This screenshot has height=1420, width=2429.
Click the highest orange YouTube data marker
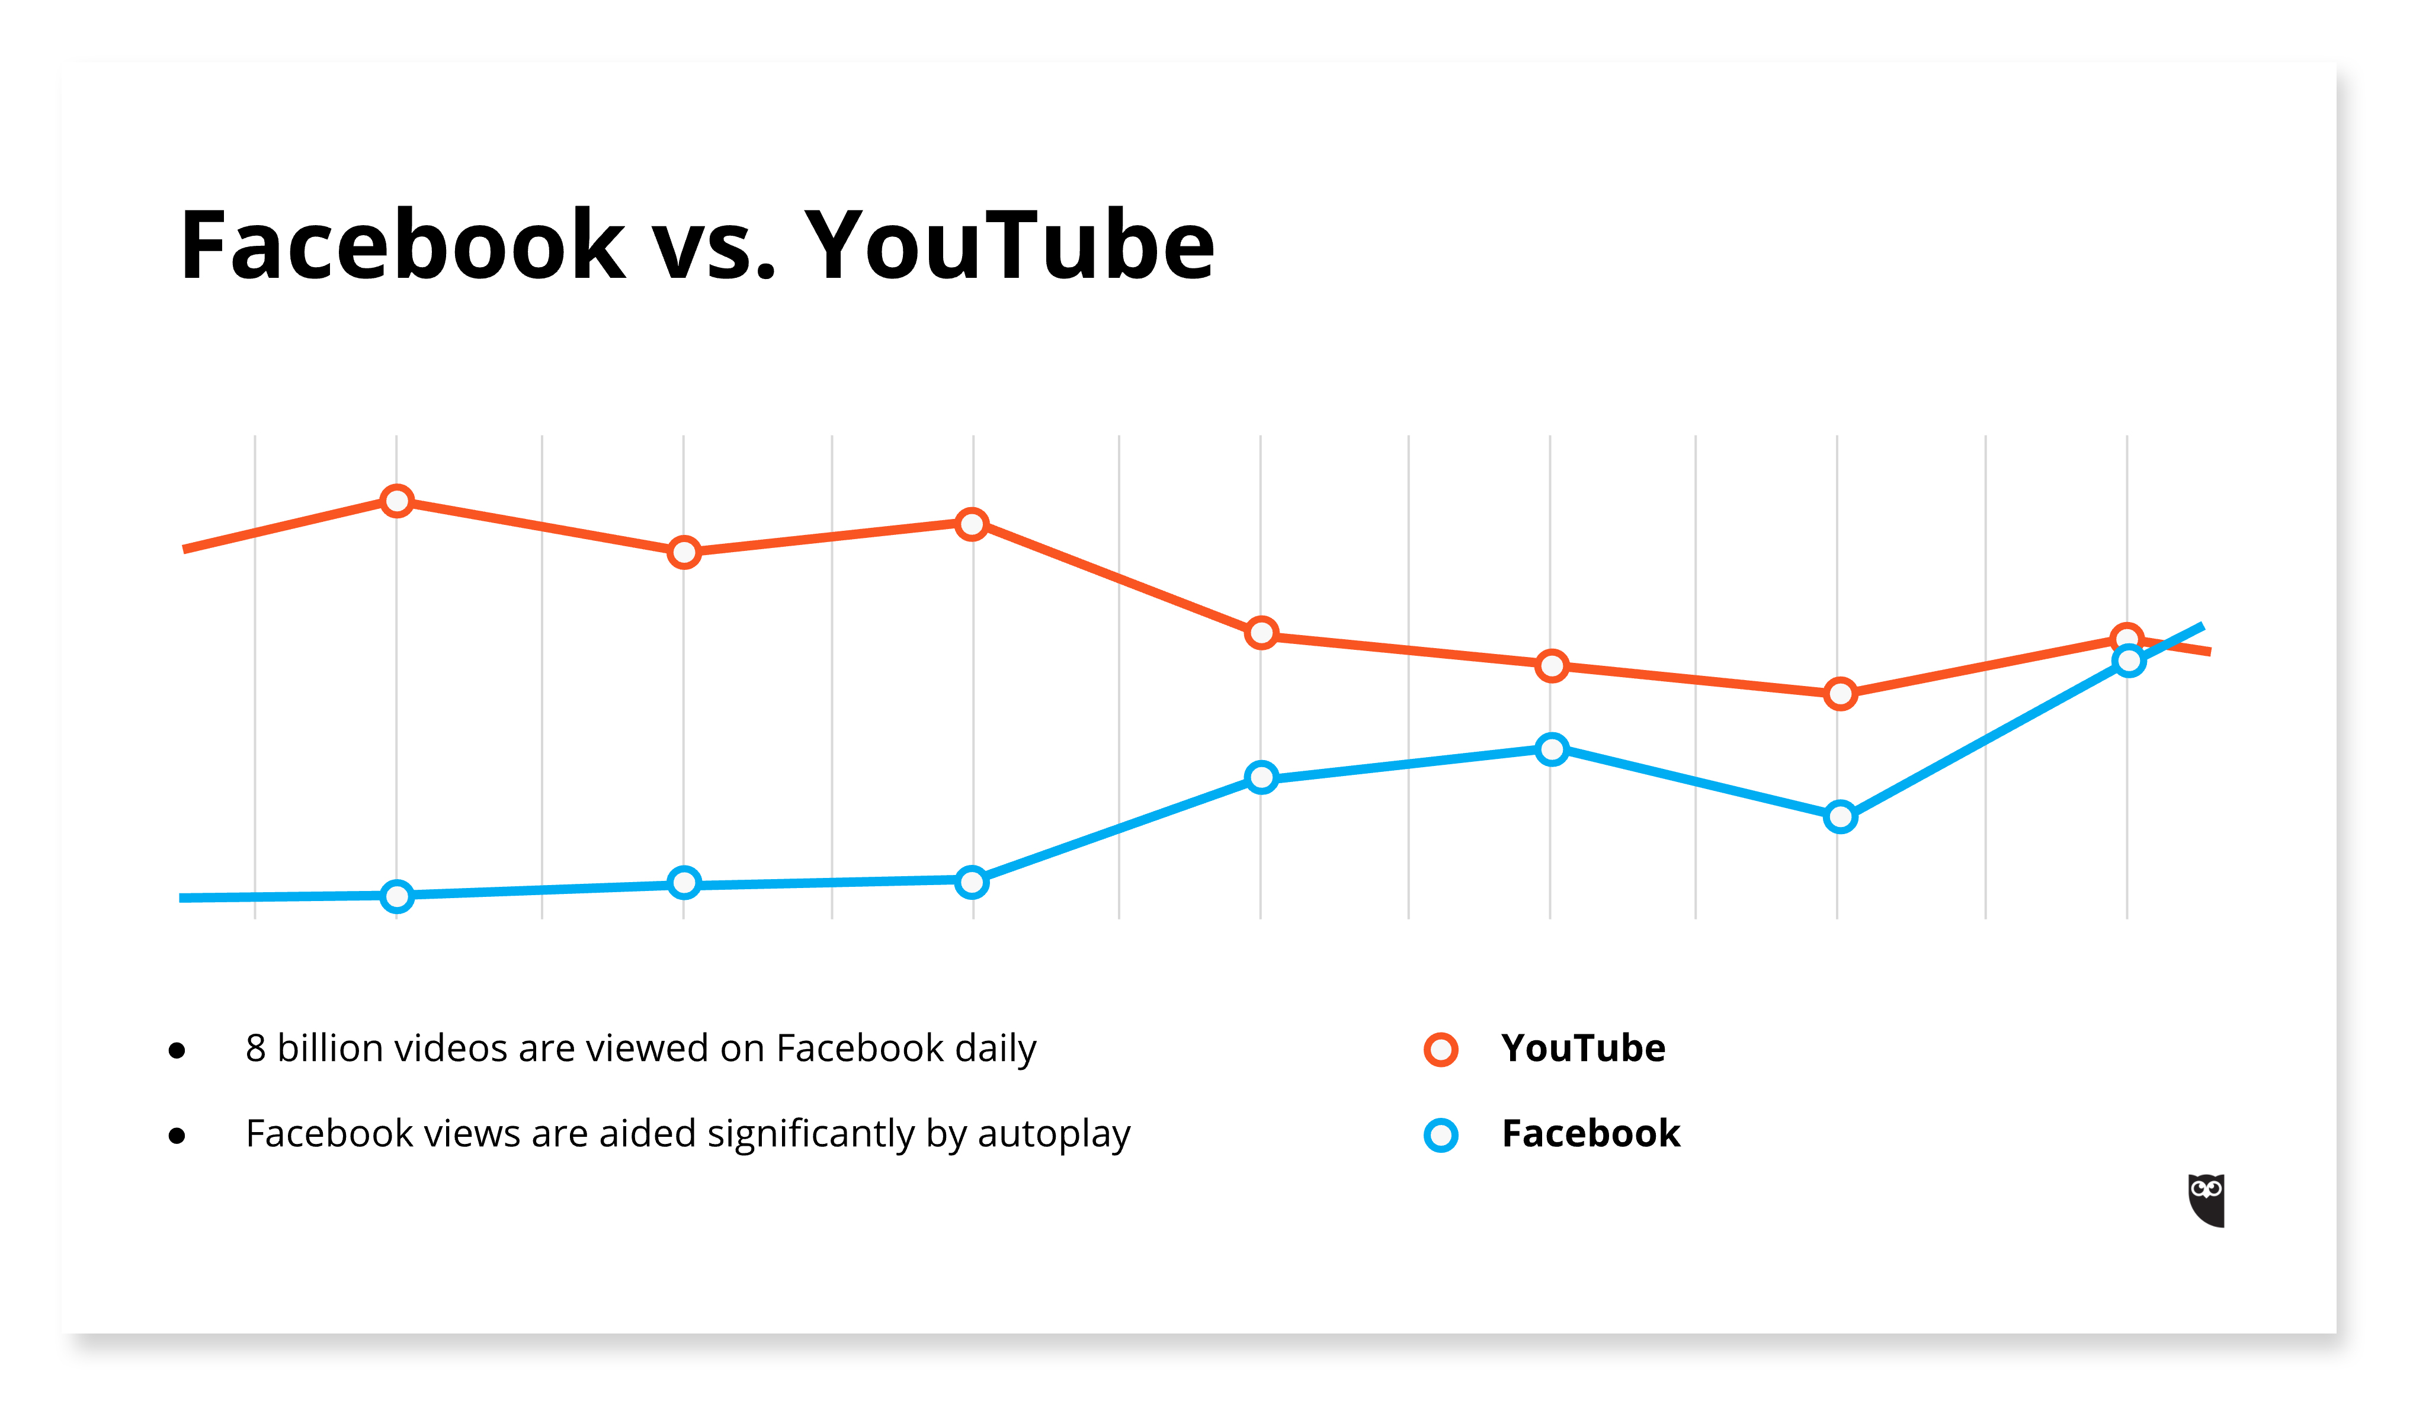click(397, 501)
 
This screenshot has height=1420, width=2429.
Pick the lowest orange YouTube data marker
click(1840, 694)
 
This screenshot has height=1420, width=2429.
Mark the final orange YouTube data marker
click(2126, 639)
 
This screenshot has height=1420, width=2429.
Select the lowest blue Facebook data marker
click(397, 896)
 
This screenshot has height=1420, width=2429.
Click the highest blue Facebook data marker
click(2128, 661)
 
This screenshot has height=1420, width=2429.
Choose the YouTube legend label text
click(1583, 1049)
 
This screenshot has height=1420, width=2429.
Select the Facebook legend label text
click(1591, 1134)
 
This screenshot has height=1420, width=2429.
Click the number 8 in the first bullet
click(255, 1049)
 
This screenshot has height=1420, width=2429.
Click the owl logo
click(2206, 1200)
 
